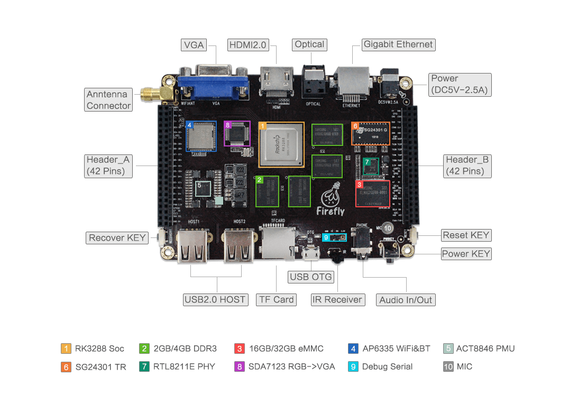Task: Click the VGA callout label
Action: click(x=194, y=45)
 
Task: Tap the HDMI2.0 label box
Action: click(x=247, y=45)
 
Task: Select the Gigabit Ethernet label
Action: click(x=398, y=44)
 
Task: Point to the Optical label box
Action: click(x=309, y=44)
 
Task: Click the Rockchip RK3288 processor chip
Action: click(x=281, y=145)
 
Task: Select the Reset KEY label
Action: click(x=466, y=235)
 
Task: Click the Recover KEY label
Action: click(x=117, y=238)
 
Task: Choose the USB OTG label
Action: click(x=311, y=277)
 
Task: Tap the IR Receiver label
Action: click(x=337, y=300)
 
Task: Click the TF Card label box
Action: click(x=276, y=300)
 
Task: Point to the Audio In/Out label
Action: click(x=406, y=300)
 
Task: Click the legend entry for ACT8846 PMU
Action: click(x=485, y=349)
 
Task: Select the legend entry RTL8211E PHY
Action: click(x=184, y=366)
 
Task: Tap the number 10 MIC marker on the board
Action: click(x=388, y=227)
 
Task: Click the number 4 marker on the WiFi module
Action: click(x=190, y=125)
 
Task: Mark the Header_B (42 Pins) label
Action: click(x=467, y=166)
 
